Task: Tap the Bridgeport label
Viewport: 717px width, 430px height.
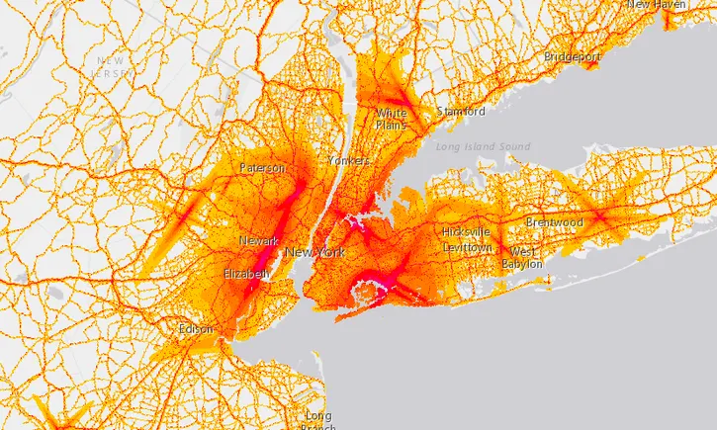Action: (572, 57)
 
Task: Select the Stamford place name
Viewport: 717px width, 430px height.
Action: (461, 112)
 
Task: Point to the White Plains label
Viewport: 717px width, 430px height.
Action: (391, 120)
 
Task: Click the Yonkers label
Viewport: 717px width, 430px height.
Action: (348, 160)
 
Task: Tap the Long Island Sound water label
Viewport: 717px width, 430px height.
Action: (482, 147)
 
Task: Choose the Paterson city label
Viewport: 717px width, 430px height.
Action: (262, 168)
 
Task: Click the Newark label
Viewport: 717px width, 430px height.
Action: (258, 241)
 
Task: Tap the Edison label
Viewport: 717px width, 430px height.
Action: (196, 329)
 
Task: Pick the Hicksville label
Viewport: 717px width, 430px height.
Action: (467, 231)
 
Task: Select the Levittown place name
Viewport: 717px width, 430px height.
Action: (467, 246)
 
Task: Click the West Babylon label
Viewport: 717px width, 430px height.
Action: (521, 258)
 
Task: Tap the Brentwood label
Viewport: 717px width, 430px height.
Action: (554, 223)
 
